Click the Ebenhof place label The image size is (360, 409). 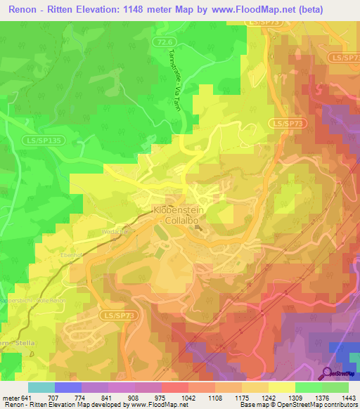click(x=72, y=255)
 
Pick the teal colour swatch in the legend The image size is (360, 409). click(x=41, y=387)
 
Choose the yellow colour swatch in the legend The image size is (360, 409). click(x=281, y=387)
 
